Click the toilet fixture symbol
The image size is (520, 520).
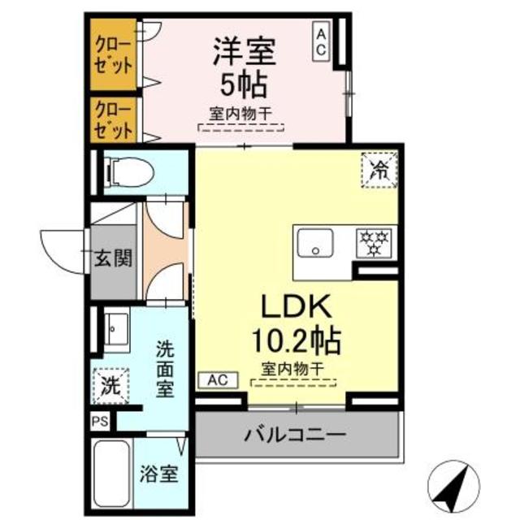click(x=126, y=172)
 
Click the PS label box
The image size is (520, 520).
click(x=100, y=421)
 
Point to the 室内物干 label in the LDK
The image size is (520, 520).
click(x=293, y=369)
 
